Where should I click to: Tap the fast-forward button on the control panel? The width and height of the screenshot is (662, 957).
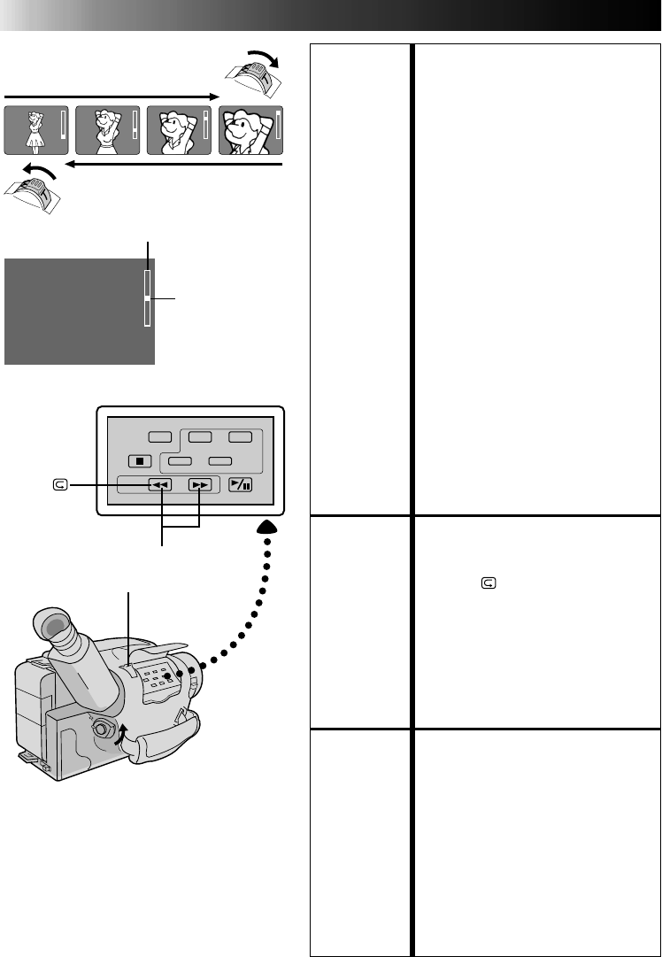199,484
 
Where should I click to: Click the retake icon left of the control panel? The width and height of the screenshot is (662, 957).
59,484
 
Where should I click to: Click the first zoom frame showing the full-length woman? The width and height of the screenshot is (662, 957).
35,129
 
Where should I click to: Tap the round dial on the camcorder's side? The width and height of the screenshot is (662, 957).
103,732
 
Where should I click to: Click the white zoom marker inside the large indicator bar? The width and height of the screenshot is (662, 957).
147,298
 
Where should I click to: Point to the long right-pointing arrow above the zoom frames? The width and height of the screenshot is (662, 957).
112,96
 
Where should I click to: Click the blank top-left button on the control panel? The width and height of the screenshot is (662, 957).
159,436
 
